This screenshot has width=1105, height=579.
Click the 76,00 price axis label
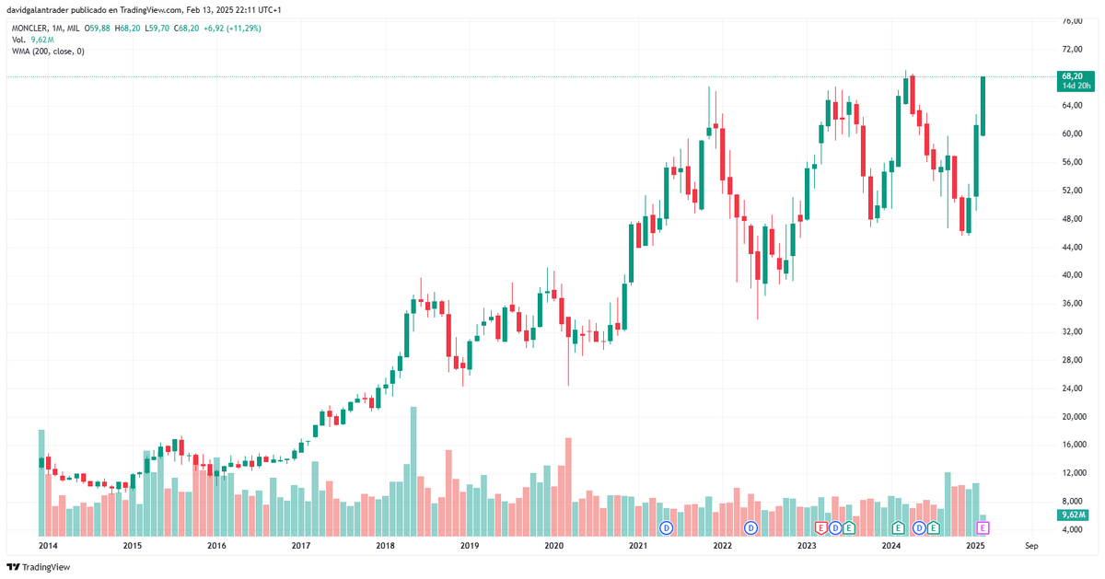click(x=1071, y=20)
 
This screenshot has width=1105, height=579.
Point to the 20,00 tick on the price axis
click(x=1073, y=416)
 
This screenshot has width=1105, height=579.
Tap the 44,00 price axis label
click(x=1071, y=247)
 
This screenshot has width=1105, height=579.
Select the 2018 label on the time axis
click(x=385, y=546)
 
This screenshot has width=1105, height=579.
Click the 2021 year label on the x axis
click(x=637, y=546)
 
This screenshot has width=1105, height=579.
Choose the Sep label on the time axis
click(x=1031, y=546)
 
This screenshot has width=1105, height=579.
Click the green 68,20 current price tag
click(x=1073, y=76)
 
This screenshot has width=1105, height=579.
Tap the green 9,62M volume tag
click(x=1074, y=515)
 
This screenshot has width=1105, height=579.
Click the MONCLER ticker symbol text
click(x=30, y=29)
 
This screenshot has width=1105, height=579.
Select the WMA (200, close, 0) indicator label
click(x=48, y=52)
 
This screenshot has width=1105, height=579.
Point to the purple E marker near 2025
click(x=983, y=527)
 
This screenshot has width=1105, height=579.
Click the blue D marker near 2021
click(x=667, y=527)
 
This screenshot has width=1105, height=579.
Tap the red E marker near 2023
click(x=821, y=527)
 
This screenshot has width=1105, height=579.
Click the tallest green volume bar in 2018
click(x=413, y=470)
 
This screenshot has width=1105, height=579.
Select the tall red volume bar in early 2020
click(x=568, y=486)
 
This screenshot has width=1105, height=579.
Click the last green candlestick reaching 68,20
click(x=983, y=106)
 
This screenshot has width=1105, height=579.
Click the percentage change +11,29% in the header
click(x=242, y=29)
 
